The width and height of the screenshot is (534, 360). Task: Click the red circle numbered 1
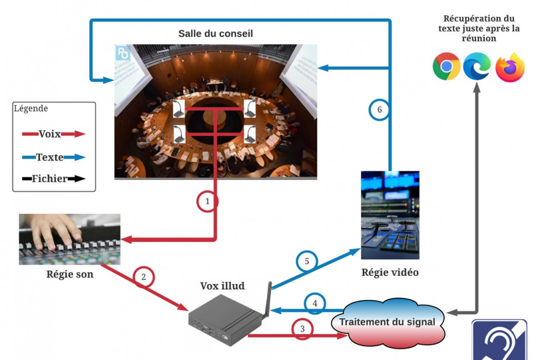(x=208, y=202)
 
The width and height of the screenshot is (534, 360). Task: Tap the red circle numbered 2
(x=143, y=277)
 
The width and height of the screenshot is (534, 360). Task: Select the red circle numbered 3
(x=302, y=329)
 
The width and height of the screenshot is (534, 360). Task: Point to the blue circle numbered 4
(x=315, y=304)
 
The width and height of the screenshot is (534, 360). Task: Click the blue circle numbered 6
(x=379, y=110)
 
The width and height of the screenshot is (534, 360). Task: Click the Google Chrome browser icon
(x=446, y=67)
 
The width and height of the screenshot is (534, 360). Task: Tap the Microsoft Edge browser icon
(x=477, y=67)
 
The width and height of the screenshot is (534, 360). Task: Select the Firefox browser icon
(x=509, y=68)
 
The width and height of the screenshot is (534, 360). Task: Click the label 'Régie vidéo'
(x=390, y=272)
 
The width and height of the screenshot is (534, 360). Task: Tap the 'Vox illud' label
(x=222, y=286)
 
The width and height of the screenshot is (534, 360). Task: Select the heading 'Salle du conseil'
(x=215, y=34)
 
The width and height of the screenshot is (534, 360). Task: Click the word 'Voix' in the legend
(x=50, y=133)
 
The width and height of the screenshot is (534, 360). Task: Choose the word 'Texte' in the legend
(x=50, y=157)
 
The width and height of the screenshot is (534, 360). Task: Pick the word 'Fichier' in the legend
(x=50, y=179)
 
